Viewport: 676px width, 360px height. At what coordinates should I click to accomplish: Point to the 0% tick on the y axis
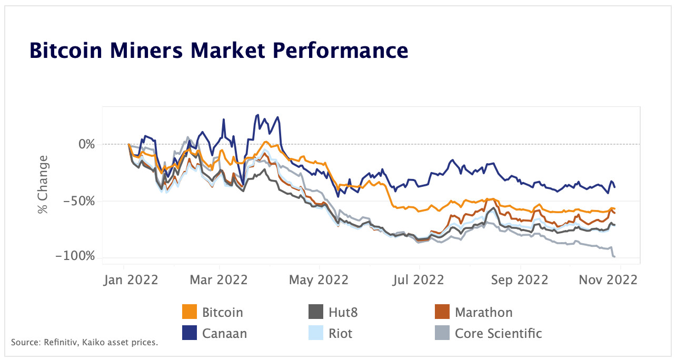[84, 144]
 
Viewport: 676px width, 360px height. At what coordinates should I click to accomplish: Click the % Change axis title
[42, 184]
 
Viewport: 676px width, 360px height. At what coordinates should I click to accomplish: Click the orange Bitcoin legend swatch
[189, 312]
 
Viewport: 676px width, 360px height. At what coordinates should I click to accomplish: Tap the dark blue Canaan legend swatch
[189, 333]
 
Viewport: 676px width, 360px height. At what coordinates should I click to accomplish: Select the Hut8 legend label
[343, 312]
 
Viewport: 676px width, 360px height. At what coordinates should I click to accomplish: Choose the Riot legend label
[340, 333]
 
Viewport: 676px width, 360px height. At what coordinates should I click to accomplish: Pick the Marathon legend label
[483, 312]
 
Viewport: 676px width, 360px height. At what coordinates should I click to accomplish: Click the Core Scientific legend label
[498, 333]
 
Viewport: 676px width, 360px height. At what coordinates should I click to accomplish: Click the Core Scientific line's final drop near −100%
[614, 256]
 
